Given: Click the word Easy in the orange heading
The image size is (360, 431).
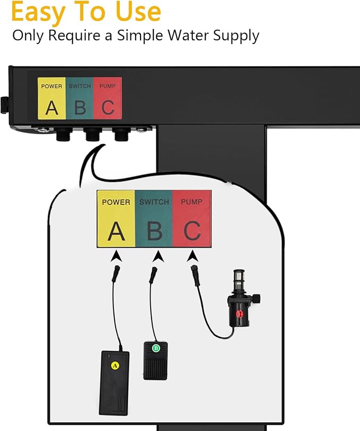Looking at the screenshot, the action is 39,12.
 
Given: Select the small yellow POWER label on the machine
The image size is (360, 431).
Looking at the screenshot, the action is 51,98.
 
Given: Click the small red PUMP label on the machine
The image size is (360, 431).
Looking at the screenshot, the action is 108,98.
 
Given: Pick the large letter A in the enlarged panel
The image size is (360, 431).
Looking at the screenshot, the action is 116,231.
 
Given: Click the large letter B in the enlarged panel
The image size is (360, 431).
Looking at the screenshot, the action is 154,231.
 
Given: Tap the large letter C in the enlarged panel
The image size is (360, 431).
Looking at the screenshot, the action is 192,231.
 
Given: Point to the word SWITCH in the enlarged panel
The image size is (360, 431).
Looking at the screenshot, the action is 154,202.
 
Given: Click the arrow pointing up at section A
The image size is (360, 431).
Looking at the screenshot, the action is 117,256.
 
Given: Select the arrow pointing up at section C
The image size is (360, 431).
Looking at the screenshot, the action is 192,256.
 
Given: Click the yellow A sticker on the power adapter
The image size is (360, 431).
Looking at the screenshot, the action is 115,366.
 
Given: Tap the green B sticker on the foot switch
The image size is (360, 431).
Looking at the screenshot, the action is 156,348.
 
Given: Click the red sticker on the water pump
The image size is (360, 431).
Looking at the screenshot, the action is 239,314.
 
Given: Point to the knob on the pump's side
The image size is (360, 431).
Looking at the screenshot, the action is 256,299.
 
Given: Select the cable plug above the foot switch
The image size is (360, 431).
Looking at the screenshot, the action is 153,275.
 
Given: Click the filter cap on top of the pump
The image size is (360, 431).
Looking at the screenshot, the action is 239,278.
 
